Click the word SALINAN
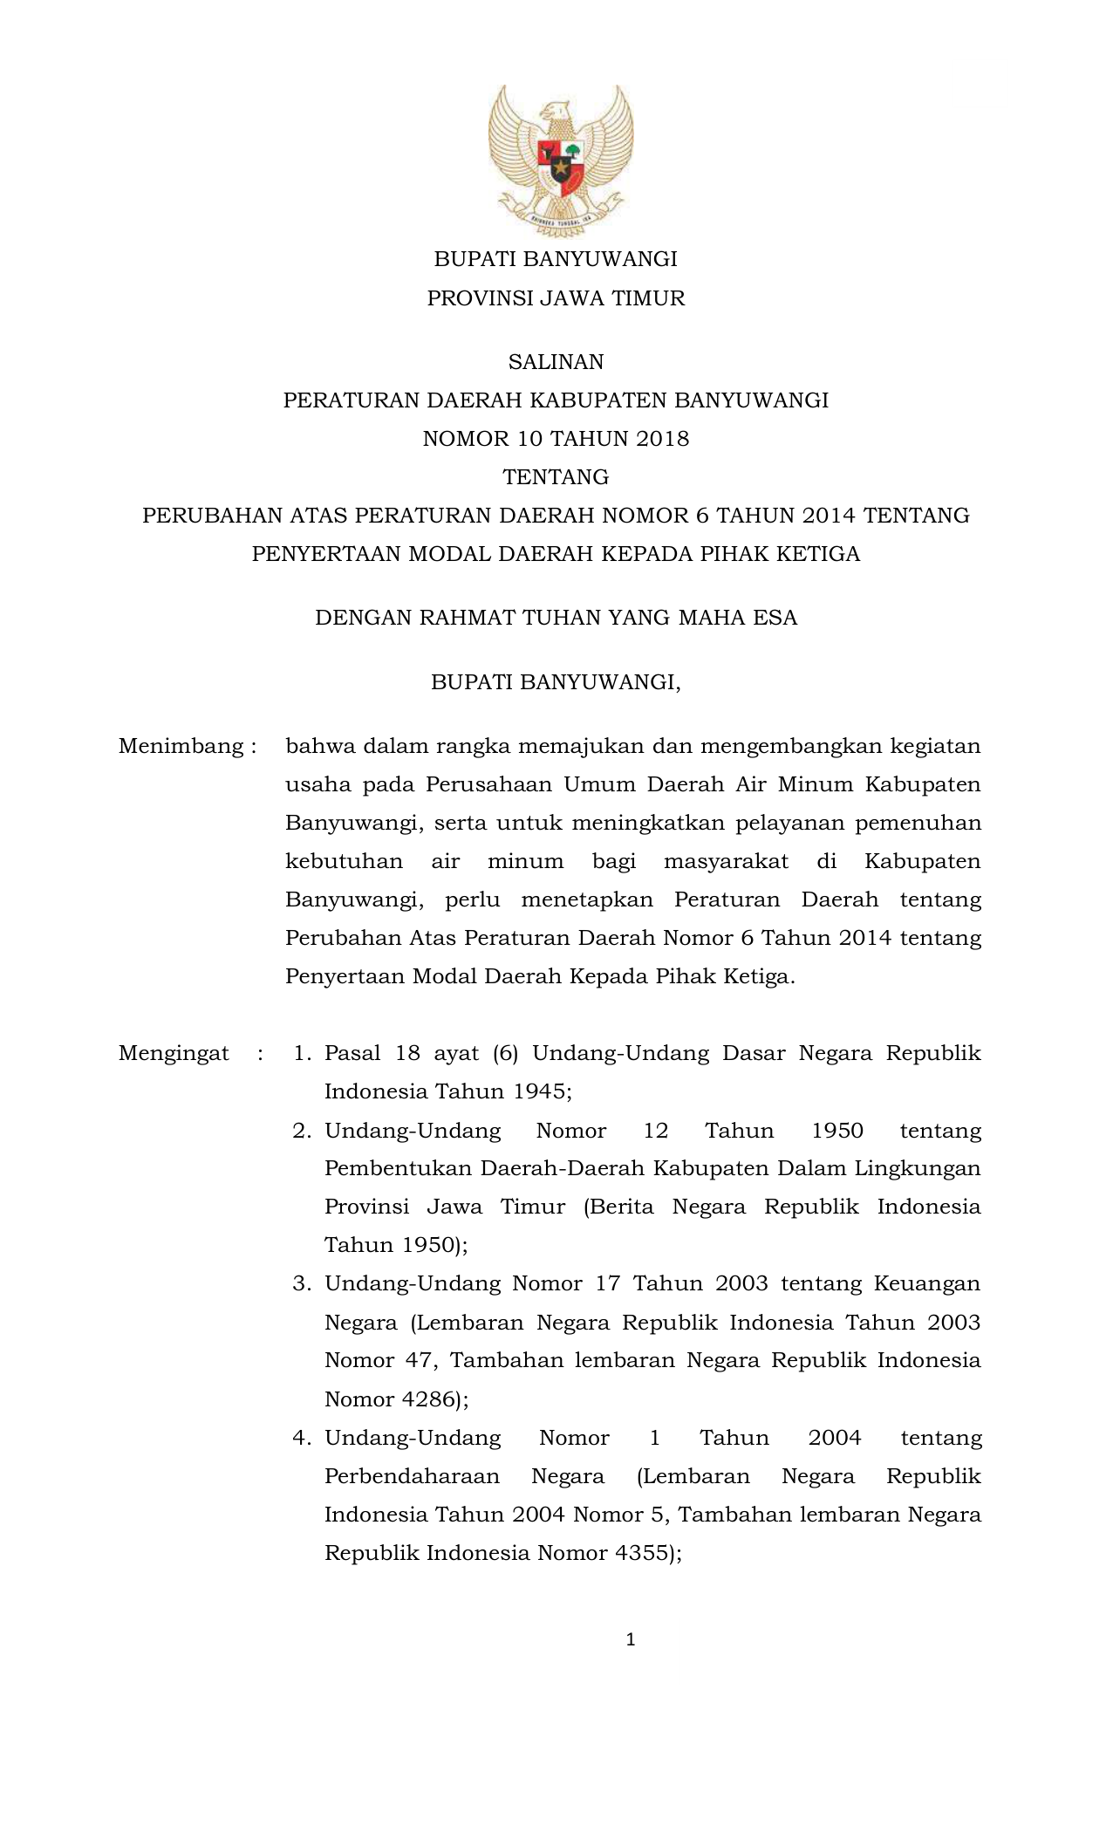point(556,362)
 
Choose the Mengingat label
point(174,1054)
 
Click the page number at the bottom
point(631,1641)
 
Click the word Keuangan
point(927,1283)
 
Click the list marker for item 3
point(302,1284)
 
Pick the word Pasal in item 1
point(352,1054)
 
